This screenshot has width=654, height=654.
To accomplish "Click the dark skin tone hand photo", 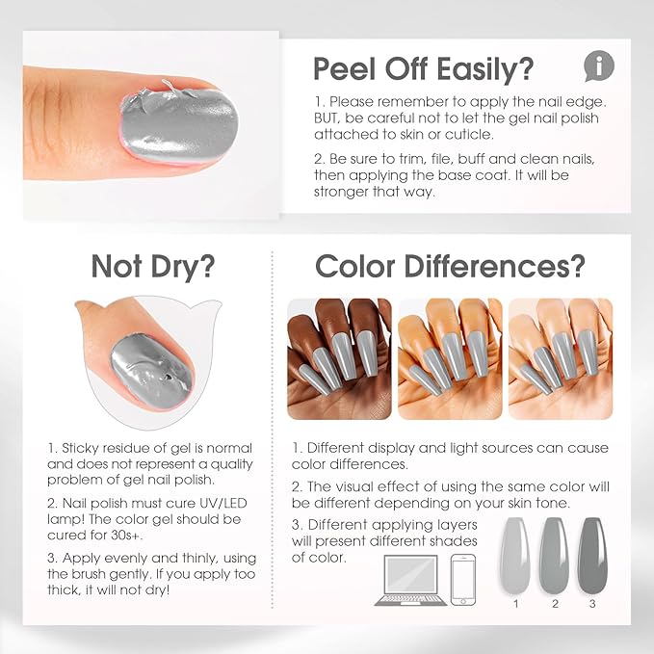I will coord(340,358).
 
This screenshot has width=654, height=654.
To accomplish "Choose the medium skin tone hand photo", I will coord(450,358).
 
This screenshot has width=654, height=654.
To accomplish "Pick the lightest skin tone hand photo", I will coord(560,358).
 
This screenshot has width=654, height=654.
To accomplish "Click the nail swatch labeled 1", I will coord(516,557).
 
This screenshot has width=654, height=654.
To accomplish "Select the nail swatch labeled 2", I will coord(554,557).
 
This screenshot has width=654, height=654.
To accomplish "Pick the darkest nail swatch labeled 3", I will coord(589,557).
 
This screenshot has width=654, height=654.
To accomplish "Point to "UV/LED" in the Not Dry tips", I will coord(221,500).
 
